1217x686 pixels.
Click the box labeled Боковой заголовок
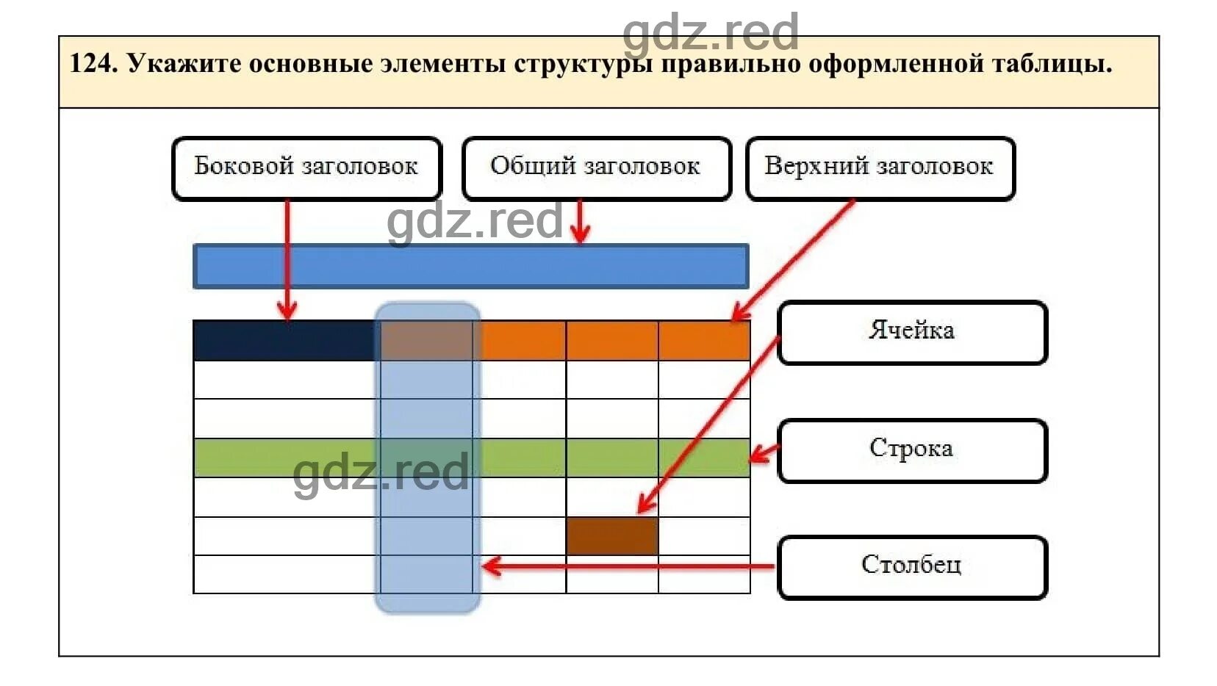(306, 168)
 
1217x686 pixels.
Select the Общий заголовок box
(596, 168)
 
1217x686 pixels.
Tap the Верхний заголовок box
(880, 168)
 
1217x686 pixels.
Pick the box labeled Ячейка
(912, 332)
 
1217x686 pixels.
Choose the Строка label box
(912, 450)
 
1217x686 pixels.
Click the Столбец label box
(912, 567)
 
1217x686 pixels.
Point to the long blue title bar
(470, 266)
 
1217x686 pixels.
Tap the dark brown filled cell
(612, 536)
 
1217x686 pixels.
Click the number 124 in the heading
(93, 64)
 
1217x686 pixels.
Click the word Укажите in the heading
(184, 64)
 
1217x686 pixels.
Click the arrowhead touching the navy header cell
(287, 312)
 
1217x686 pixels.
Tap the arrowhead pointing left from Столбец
(490, 566)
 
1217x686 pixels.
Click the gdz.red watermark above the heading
(710, 32)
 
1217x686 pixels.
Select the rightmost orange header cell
(704, 341)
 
